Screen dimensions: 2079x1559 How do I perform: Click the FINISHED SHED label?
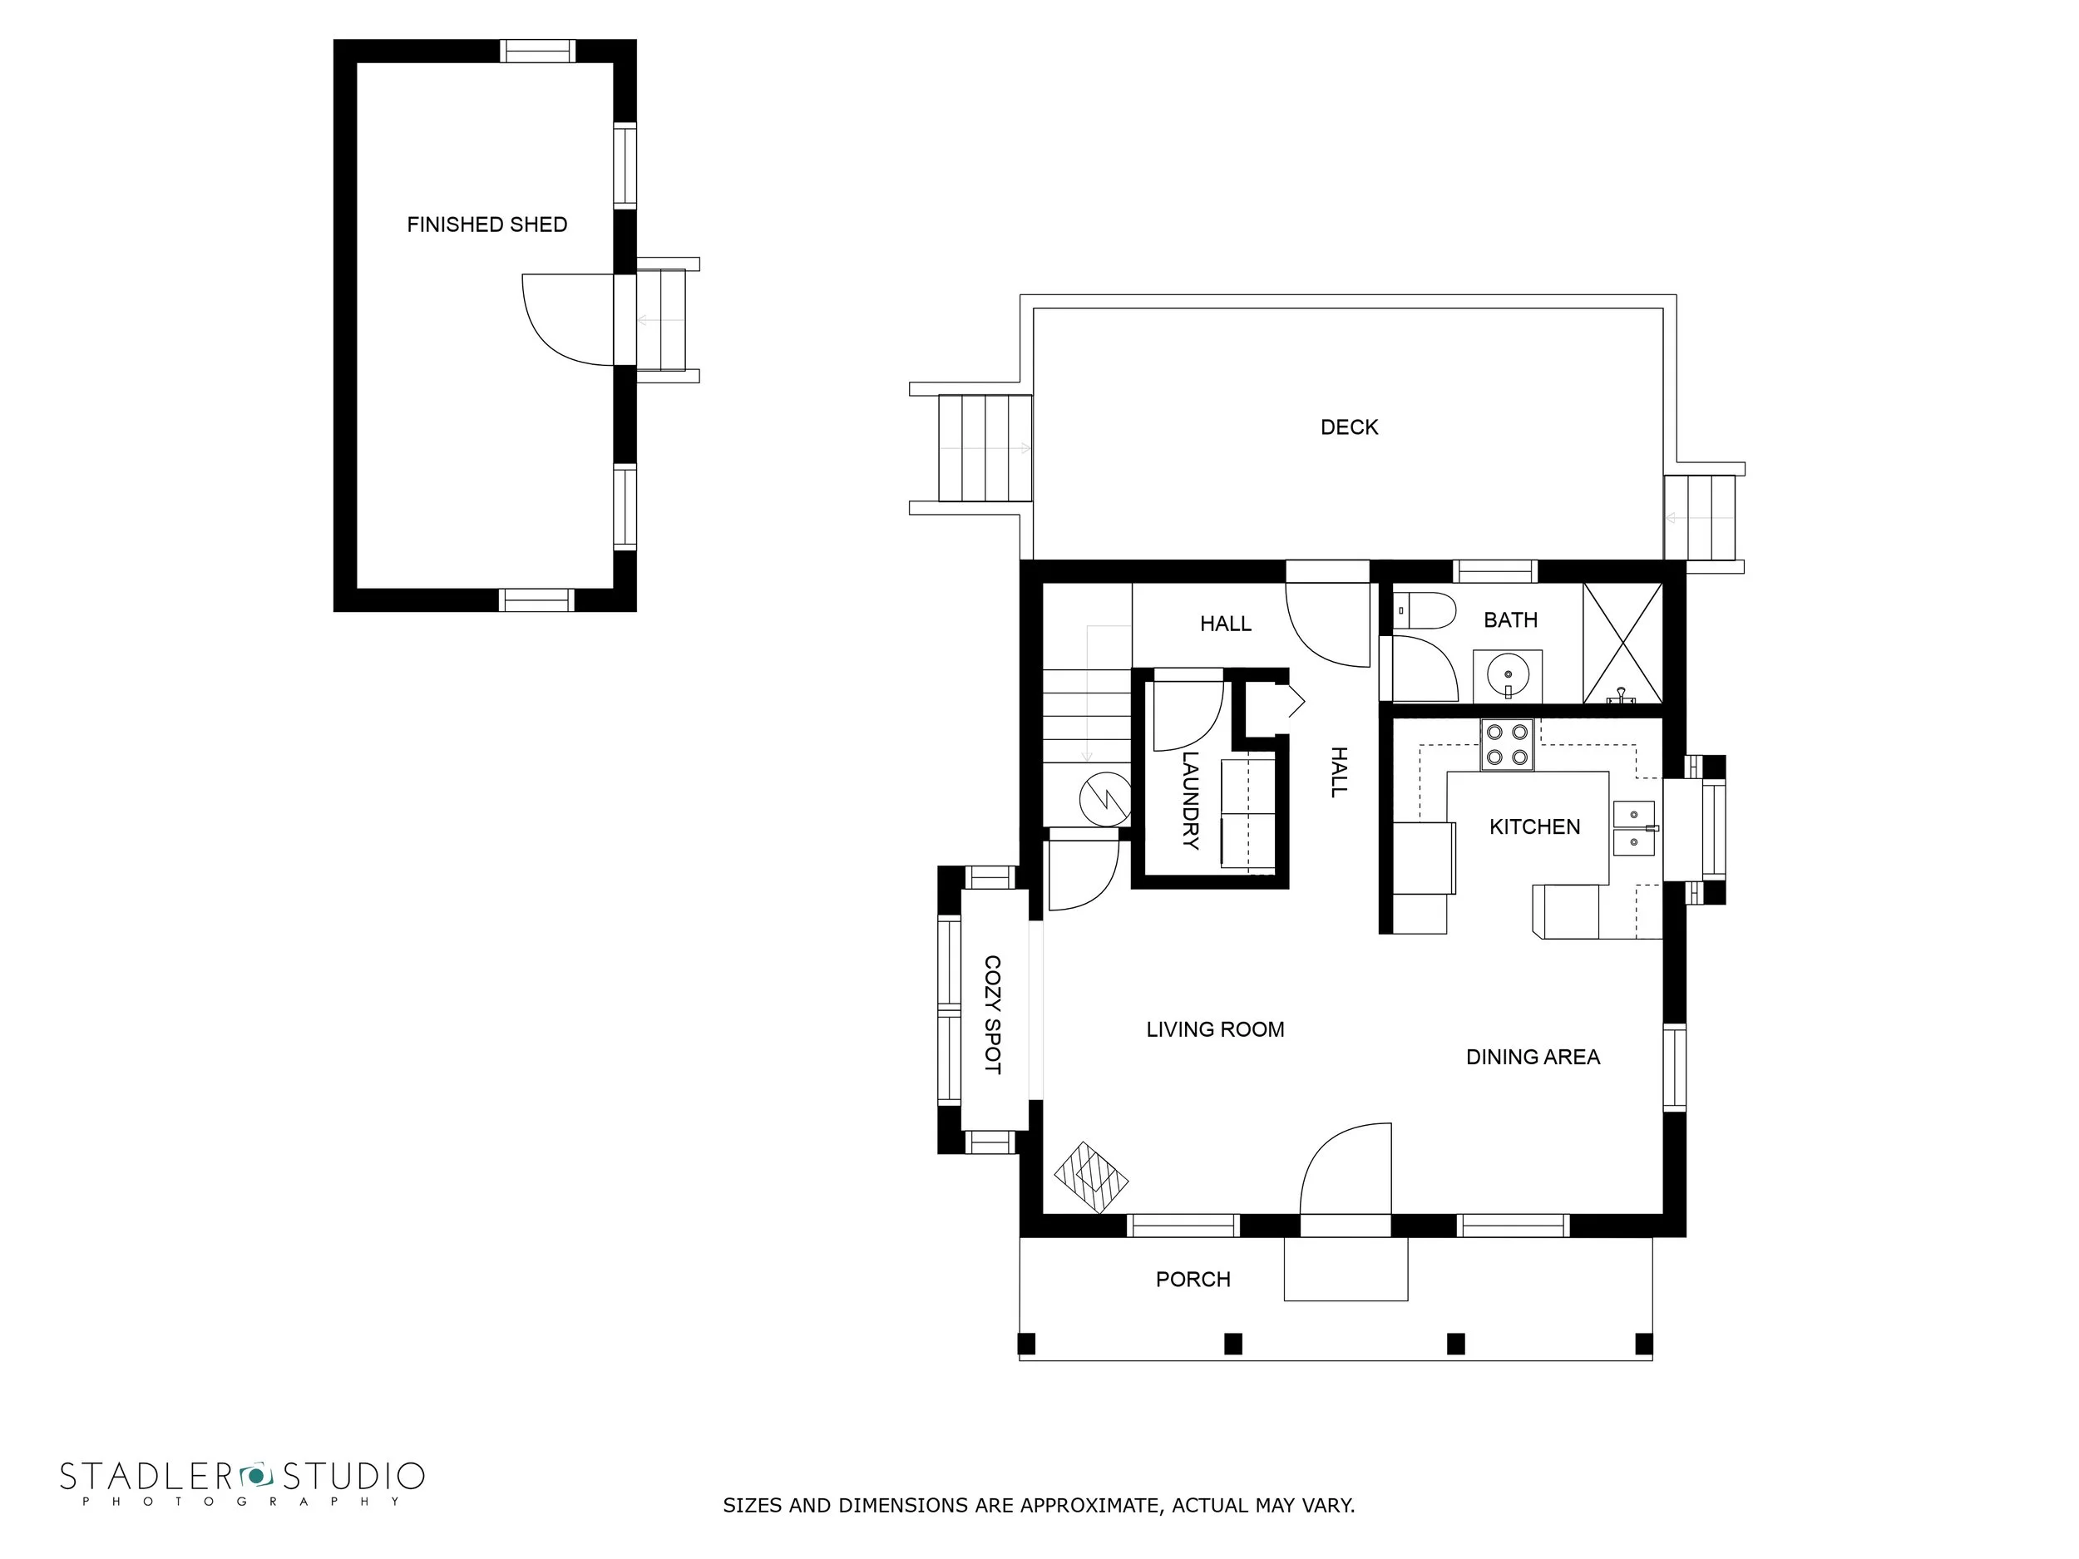(486, 224)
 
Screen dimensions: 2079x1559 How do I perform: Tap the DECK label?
(1349, 427)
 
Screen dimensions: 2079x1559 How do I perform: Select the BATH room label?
(1510, 620)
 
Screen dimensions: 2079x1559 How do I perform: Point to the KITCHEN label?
(1535, 827)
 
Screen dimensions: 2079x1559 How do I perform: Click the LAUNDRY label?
(1191, 800)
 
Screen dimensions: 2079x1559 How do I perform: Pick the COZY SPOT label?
(992, 1015)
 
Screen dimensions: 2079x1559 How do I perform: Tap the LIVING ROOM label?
(1215, 1030)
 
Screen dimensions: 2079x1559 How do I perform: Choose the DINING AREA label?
(1533, 1057)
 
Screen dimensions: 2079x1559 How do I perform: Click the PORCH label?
(1193, 1279)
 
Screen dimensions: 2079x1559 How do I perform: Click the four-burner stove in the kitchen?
(1507, 745)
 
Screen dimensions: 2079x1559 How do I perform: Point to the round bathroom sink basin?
(1509, 673)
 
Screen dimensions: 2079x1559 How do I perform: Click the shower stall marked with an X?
(1622, 644)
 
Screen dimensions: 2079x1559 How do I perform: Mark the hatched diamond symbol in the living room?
(1090, 1177)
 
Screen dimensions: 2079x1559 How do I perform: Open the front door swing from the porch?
(1345, 1171)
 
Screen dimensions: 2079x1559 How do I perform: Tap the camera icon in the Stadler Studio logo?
(254, 1474)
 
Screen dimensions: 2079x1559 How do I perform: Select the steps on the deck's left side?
(985, 448)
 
